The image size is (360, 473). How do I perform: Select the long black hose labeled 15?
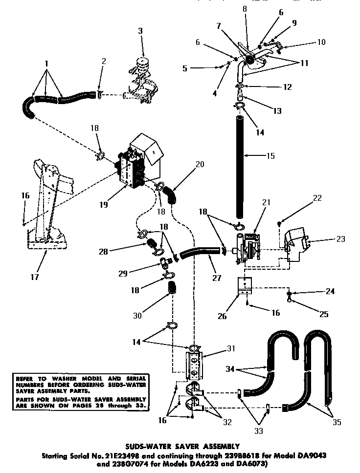(x=240, y=161)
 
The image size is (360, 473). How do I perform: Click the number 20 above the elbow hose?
(x=199, y=164)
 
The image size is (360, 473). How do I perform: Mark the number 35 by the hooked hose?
(x=336, y=422)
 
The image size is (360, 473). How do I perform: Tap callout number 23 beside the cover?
(x=340, y=239)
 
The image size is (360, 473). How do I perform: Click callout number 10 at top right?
(x=321, y=42)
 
